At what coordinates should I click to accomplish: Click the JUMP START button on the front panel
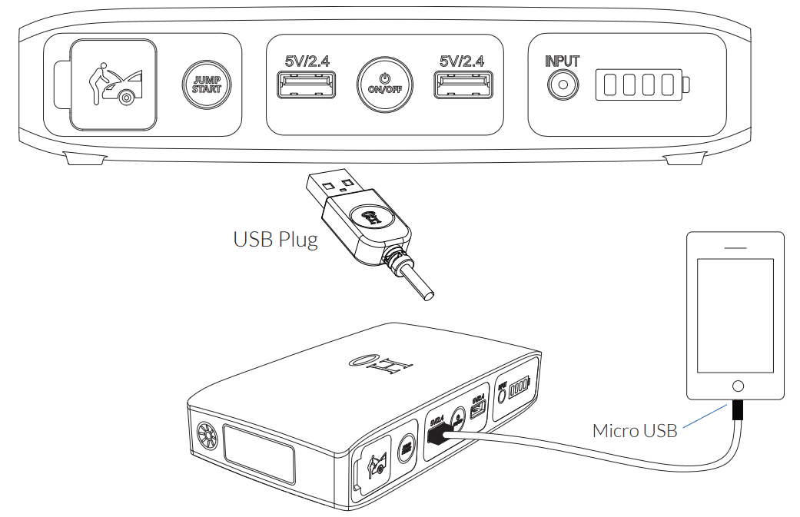point(206,85)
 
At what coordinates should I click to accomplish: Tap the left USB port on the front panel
point(305,85)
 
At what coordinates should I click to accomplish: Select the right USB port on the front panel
point(462,85)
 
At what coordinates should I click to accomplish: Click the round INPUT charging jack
point(562,85)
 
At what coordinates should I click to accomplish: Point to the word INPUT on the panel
point(562,61)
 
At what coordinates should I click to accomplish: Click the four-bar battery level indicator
point(641,85)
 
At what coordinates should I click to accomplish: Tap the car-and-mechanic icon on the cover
point(115,85)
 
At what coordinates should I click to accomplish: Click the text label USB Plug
point(275,239)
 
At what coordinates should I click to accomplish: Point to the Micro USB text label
point(635,430)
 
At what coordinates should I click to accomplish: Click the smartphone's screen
point(735,315)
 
